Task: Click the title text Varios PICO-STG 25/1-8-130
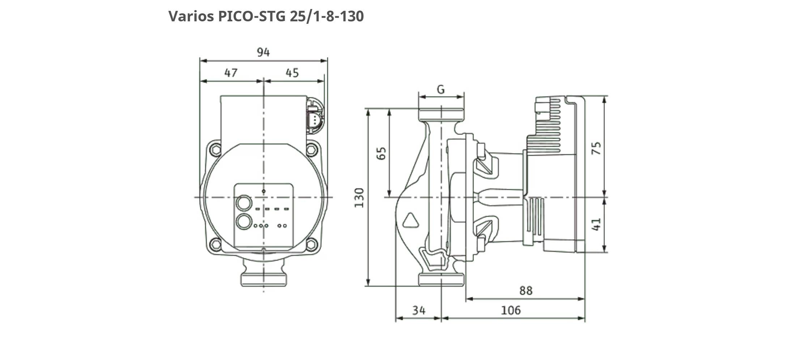coord(266,16)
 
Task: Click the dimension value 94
coord(263,52)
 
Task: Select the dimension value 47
coord(231,73)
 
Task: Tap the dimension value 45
coord(292,73)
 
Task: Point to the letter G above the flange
coord(440,89)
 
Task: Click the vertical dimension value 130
coord(359,197)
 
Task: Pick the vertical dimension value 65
coord(382,153)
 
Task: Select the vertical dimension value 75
coord(596,148)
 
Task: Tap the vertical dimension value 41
coord(596,224)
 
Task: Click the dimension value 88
coord(526,290)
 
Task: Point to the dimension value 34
coord(419,310)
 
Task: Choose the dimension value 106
coord(511,310)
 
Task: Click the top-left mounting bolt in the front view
coord(216,149)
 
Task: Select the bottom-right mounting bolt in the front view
coord(311,244)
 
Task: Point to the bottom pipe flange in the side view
coord(441,280)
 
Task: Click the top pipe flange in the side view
coord(441,115)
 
